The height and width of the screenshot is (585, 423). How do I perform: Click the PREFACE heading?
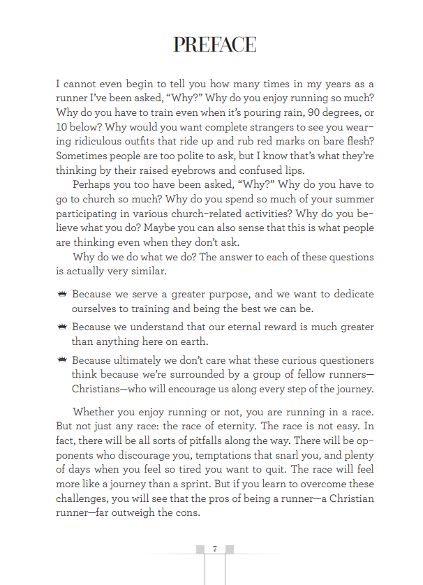pyautogui.click(x=214, y=45)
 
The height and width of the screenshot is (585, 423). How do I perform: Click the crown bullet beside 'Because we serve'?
pyautogui.click(x=62, y=295)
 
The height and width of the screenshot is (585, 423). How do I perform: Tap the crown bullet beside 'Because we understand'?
pyautogui.click(x=62, y=327)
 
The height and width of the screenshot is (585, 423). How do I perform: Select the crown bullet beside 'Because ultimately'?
pyautogui.click(x=62, y=360)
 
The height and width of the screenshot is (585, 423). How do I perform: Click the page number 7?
pyautogui.click(x=214, y=549)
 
